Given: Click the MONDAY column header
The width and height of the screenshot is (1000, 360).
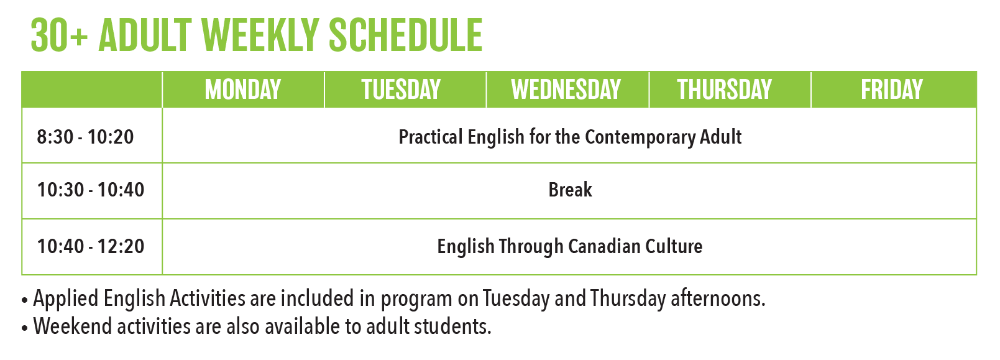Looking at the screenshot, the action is point(243,90).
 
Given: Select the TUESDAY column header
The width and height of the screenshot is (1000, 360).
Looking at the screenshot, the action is point(401,90).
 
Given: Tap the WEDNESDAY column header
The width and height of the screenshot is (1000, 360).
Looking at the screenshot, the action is point(566,90).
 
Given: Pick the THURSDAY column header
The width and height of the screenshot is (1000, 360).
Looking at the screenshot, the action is point(725,90).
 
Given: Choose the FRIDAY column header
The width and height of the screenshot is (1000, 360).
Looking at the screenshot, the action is point(891,90).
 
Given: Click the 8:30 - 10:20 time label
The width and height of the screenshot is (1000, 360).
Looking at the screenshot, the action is point(85,137).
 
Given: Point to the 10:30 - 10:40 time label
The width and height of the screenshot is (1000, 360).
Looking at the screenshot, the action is point(91,190).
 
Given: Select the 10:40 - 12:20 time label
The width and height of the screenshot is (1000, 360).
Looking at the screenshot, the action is point(91,246).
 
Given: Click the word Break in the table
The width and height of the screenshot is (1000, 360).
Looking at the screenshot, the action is point(570,190).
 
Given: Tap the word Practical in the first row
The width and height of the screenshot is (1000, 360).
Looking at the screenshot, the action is point(430,137).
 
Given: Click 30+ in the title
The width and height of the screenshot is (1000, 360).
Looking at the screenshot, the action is point(60,35).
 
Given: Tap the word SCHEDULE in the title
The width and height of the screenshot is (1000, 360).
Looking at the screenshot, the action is point(406,35).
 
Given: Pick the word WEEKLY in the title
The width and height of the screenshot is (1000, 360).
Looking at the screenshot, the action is point(260,35).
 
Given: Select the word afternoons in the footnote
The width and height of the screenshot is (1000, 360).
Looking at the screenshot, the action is point(718,298).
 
